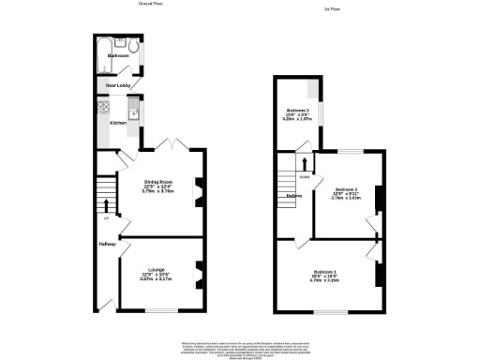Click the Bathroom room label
point(118,56)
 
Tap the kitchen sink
point(134,113)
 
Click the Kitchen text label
point(118,123)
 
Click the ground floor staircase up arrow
point(105,204)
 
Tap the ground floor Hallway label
point(107,246)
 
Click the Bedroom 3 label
point(297,112)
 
